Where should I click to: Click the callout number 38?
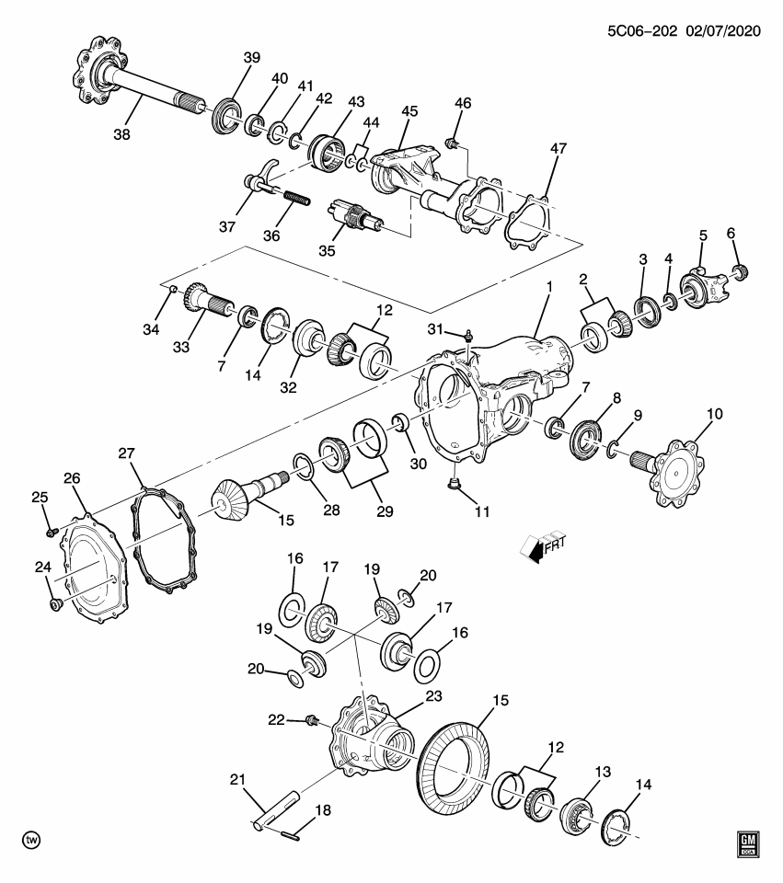click(x=121, y=133)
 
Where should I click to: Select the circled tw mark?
click(x=31, y=841)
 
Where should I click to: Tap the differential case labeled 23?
click(x=367, y=741)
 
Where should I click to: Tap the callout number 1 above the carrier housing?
click(x=548, y=288)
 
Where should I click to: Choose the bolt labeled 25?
click(x=52, y=531)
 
